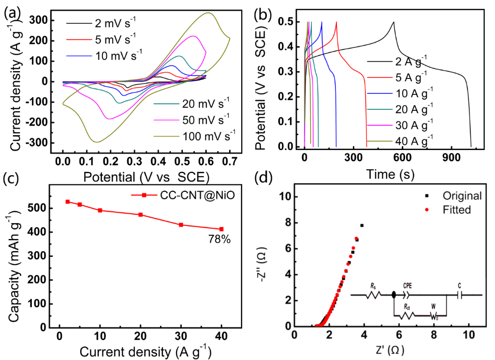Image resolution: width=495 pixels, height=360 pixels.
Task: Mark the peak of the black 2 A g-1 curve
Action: coord(393,22)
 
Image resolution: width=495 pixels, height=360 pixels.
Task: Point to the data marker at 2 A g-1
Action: coord(68,201)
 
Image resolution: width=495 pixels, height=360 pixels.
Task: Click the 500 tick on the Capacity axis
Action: coord(45,208)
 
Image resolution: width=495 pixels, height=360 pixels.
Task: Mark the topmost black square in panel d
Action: coord(362,225)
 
